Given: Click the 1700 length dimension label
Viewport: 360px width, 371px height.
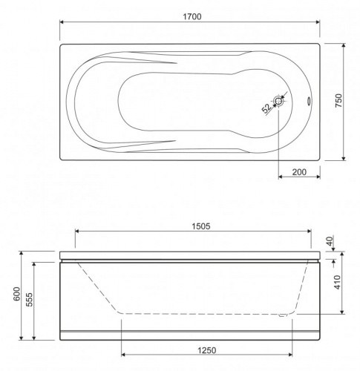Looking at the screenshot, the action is (192, 16).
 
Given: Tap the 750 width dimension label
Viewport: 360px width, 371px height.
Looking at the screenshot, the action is (338, 100).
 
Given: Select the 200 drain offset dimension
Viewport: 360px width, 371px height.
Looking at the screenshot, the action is (299, 172).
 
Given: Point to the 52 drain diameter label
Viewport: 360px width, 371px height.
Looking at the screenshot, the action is (266, 108).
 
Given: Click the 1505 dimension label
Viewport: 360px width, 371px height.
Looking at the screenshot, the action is (201, 226).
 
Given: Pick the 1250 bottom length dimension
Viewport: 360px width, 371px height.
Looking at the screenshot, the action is (207, 350).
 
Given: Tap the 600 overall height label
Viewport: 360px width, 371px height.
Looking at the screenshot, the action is (16, 294).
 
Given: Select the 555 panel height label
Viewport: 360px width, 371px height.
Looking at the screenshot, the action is (29, 300).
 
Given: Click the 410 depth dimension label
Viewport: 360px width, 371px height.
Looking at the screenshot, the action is (337, 282).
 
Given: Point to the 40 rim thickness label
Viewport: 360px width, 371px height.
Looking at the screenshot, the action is (330, 240).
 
